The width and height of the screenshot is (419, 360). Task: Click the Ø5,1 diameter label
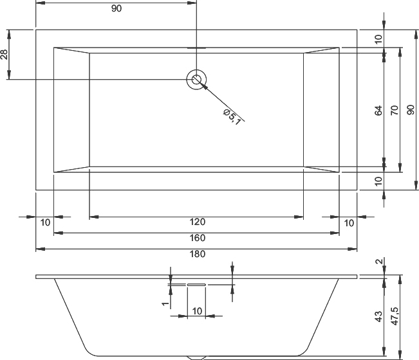click(232, 117)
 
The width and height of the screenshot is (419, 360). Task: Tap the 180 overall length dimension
click(198, 254)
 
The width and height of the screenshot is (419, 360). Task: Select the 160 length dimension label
click(198, 238)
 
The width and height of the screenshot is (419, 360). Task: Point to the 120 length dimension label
click(198, 222)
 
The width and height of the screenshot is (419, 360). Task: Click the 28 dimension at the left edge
click(5, 55)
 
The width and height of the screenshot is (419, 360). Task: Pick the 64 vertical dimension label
click(378, 111)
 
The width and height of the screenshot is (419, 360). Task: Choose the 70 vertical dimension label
click(395, 111)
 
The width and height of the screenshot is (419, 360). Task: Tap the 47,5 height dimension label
click(395, 316)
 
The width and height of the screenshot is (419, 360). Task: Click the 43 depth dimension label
click(378, 316)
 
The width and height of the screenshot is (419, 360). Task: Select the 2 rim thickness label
click(379, 262)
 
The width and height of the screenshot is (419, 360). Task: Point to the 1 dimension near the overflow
click(165, 303)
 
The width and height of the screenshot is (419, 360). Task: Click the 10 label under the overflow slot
click(197, 311)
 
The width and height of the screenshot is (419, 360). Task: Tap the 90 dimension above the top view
click(116, 8)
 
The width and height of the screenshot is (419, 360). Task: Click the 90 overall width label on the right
click(411, 110)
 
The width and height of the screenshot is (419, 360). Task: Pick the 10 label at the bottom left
click(45, 222)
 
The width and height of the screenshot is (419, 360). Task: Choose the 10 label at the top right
click(378, 39)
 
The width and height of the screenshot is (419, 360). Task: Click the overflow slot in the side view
click(196, 285)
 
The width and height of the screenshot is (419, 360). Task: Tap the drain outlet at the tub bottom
click(196, 357)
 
